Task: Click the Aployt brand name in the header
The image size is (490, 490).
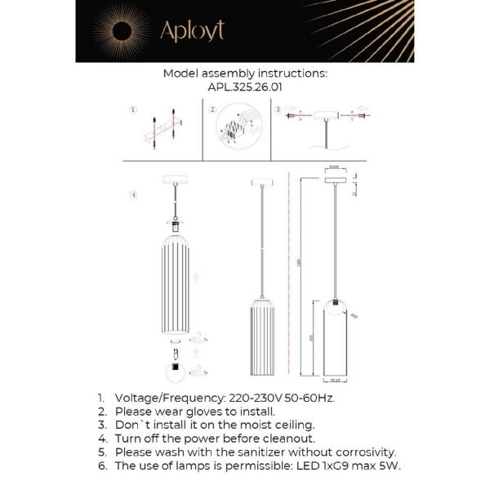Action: (192, 30)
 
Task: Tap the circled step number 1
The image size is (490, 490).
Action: (133, 109)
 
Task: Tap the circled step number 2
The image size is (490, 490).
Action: (212, 109)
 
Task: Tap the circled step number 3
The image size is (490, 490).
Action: (278, 109)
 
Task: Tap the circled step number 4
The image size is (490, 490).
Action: (133, 194)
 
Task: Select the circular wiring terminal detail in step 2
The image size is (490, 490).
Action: (235, 131)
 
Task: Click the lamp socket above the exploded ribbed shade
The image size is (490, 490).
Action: (175, 222)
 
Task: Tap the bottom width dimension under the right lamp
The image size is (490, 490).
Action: (335, 379)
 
